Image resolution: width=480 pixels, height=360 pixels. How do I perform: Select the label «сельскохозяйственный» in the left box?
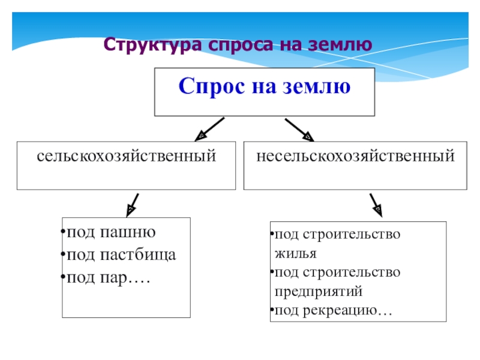pyautogui.click(x=126, y=157)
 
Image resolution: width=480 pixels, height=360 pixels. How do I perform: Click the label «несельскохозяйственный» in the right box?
pyautogui.click(x=355, y=157)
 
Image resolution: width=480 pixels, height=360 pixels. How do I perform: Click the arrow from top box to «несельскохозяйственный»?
pyautogui.click(x=298, y=129)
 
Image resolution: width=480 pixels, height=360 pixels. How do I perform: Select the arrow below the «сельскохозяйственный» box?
pyautogui.click(x=133, y=204)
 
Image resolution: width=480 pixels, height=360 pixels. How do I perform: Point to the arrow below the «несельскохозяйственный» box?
pyautogui.click(x=375, y=204)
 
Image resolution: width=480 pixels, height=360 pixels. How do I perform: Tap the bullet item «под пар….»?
pyautogui.click(x=108, y=278)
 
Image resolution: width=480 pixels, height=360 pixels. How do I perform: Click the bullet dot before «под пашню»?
pyautogui.click(x=64, y=233)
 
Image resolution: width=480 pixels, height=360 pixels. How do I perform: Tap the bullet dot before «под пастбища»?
pyautogui.click(x=64, y=256)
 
